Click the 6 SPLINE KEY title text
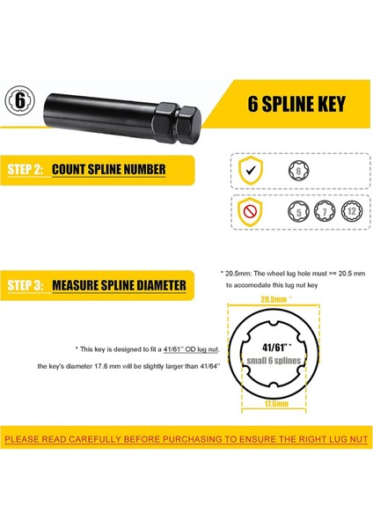pyautogui.click(x=296, y=103)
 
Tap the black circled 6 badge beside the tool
pyautogui.click(x=20, y=100)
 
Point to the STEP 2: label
pyautogui.click(x=26, y=169)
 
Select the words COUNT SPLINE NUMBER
pyautogui.click(x=109, y=169)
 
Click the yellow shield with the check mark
pyautogui.click(x=251, y=170)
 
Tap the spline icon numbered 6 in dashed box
pyautogui.click(x=298, y=171)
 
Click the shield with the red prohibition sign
pyautogui.click(x=250, y=212)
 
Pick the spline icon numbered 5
pyautogui.click(x=298, y=212)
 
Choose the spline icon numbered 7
pyautogui.click(x=325, y=211)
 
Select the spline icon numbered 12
pyautogui.click(x=352, y=211)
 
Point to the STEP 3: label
pyautogui.click(x=26, y=285)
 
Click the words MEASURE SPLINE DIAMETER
pyautogui.click(x=119, y=285)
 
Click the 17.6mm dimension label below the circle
pyautogui.click(x=276, y=403)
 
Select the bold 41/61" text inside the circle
pyautogui.click(x=277, y=348)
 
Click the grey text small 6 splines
pyautogui.click(x=274, y=361)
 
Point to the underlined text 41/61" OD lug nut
pyautogui.click(x=191, y=349)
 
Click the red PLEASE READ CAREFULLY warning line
pyautogui.click(x=186, y=439)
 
